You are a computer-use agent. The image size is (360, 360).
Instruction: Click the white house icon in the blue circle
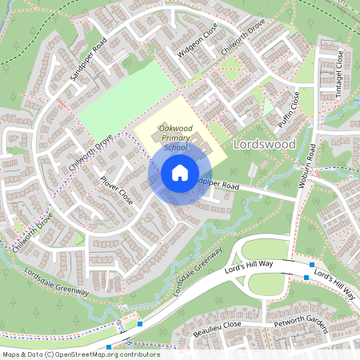179,173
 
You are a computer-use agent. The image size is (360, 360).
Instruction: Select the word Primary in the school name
174,138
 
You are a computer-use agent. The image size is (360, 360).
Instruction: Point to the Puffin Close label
288,111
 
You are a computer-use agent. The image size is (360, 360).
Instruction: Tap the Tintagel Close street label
339,74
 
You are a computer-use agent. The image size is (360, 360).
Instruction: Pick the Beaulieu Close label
217,326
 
